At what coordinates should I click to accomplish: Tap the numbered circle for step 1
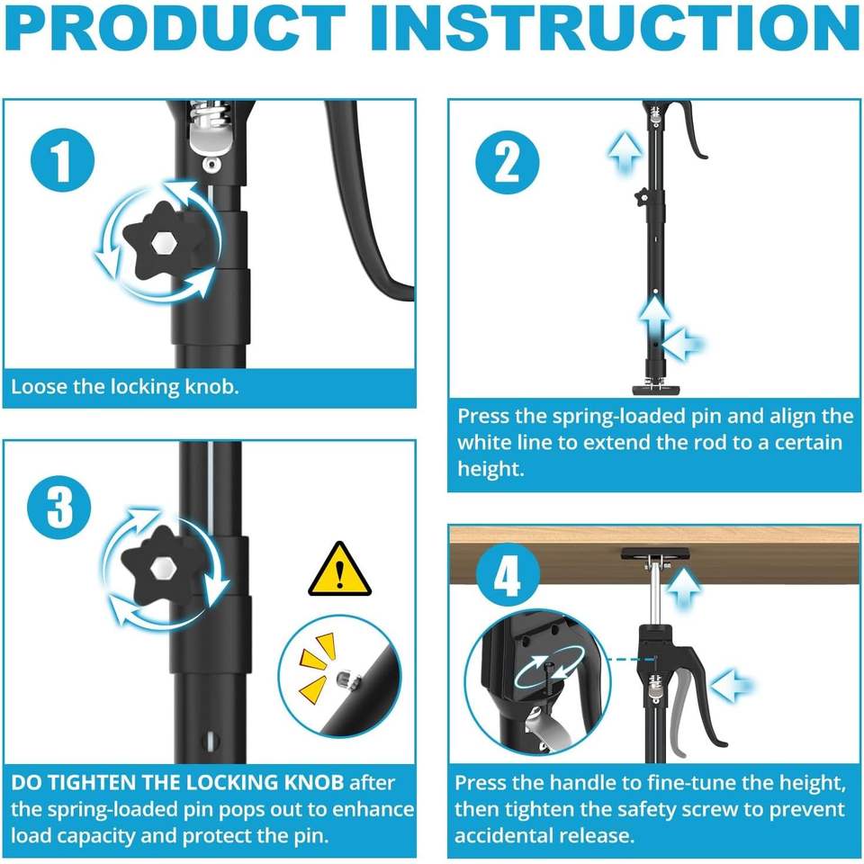[62, 160]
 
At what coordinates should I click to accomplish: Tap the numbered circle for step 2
[507, 162]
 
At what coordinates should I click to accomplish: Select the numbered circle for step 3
[59, 507]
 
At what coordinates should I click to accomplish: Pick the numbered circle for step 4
[508, 575]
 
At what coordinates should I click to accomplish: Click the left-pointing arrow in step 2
[683, 344]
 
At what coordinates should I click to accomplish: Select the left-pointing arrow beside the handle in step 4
[731, 685]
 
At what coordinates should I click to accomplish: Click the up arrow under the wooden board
[684, 589]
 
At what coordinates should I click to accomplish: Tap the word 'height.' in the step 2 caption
[490, 469]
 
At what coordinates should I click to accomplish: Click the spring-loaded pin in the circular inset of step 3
[346, 680]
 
